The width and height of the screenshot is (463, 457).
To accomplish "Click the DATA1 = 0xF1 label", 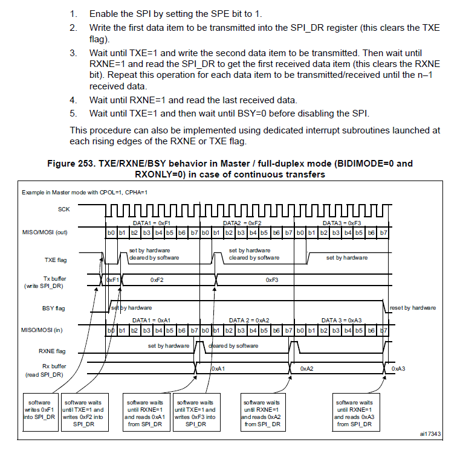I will [x=152, y=222].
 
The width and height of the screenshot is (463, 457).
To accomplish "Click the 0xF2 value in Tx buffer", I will [x=157, y=280].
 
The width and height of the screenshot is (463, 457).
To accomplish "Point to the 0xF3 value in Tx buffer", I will [x=272, y=280].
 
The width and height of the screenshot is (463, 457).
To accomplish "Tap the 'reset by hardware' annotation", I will [x=413, y=308].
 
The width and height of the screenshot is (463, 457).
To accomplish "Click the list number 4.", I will [x=73, y=100].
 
